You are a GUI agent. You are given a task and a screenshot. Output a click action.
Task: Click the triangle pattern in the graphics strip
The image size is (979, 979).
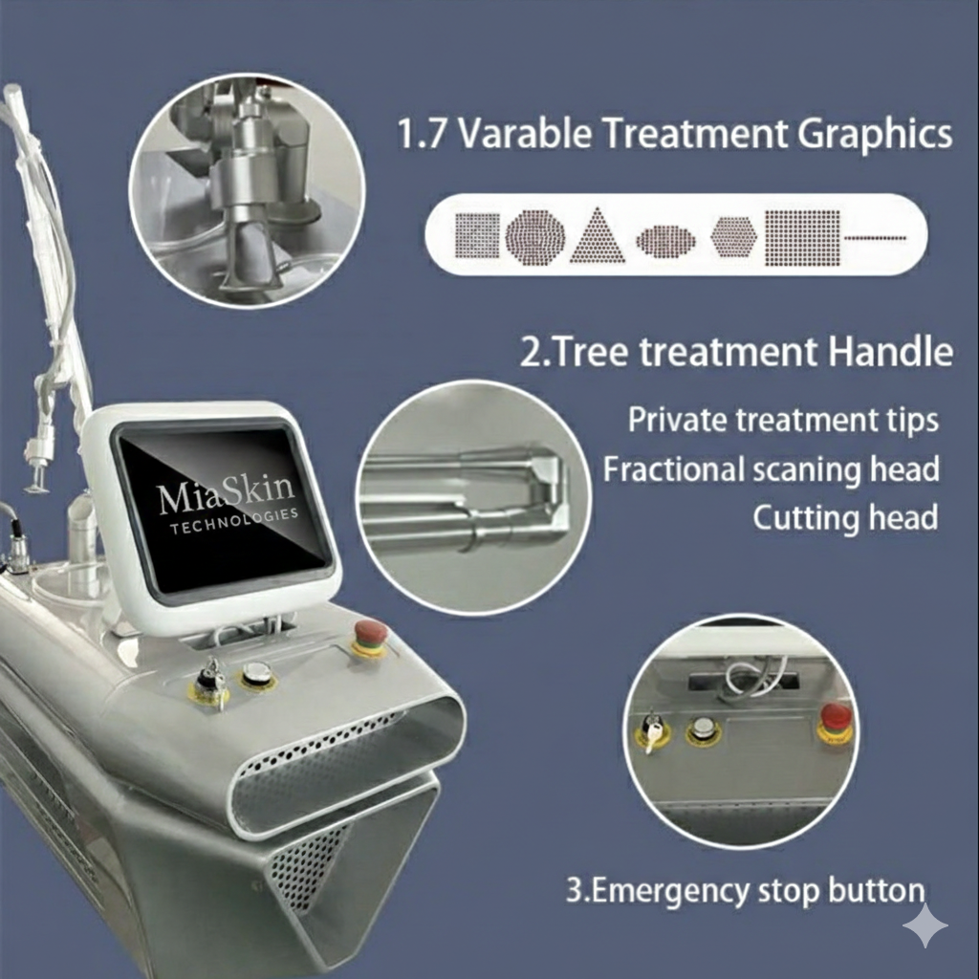tap(598, 236)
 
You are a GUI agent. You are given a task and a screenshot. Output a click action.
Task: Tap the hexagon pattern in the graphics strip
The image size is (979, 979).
tap(733, 236)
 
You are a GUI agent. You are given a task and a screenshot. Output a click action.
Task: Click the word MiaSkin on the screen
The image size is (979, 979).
tap(227, 494)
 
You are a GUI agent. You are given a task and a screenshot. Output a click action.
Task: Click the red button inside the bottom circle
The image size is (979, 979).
tap(836, 719)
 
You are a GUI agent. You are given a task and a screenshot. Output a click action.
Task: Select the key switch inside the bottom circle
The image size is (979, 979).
tap(654, 730)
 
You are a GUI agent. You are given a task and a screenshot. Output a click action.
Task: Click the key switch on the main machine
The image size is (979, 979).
tap(208, 685)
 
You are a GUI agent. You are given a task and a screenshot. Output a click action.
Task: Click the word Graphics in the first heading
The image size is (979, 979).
tap(875, 134)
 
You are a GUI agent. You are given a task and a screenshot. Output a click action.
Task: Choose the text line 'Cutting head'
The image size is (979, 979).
tap(844, 517)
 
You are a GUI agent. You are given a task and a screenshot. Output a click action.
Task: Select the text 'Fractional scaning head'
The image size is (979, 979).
tap(771, 468)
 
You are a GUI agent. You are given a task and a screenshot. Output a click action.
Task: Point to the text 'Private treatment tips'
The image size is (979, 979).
tap(783, 420)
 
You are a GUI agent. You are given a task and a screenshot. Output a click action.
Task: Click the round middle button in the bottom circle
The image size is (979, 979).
tap(704, 729)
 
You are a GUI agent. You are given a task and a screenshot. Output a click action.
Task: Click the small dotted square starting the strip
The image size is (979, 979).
tap(477, 236)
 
